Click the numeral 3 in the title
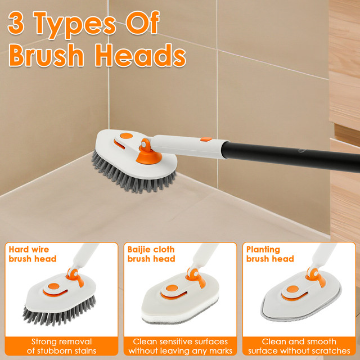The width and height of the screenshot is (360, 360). (x=16, y=24)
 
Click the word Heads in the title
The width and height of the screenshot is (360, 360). (x=140, y=55)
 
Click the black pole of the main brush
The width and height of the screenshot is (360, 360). (x=291, y=157)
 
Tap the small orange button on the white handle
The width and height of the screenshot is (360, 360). (x=206, y=139)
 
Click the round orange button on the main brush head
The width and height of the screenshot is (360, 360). (x=126, y=136)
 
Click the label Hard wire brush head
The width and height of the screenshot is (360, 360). (x=33, y=254)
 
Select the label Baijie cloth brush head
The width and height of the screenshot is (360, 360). (x=151, y=254)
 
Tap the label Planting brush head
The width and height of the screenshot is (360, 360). (x=270, y=254)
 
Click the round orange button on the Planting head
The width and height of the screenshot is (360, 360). (x=292, y=289)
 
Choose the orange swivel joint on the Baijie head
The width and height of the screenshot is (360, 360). (x=195, y=276)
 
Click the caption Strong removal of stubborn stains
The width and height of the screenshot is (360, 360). (x=61, y=346)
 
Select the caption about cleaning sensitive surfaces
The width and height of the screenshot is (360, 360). (x=181, y=346)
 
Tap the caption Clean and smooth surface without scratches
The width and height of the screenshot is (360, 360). (x=299, y=346)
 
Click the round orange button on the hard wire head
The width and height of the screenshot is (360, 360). (x=54, y=286)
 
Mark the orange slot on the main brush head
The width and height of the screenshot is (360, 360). (x=119, y=144)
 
